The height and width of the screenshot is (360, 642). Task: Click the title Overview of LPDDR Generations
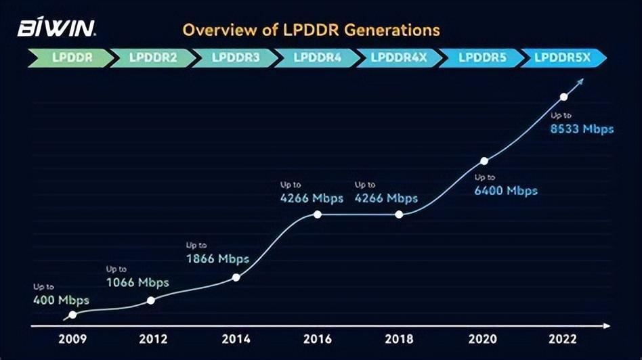pos(311,30)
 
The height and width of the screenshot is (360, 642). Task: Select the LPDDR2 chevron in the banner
pos(152,58)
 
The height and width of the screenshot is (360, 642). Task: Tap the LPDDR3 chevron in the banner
pos(235,58)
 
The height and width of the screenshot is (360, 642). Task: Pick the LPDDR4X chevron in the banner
pos(400,58)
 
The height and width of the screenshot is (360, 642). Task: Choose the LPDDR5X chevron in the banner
pos(563,58)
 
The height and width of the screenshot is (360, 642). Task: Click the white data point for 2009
pos(72,315)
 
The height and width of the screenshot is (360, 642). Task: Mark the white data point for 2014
pos(236,277)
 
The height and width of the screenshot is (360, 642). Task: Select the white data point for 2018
pos(399,215)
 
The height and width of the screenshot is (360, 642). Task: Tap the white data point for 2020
pos(484,161)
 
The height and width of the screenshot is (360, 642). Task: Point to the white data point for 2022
pos(563,97)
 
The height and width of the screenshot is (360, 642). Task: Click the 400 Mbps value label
pos(61,300)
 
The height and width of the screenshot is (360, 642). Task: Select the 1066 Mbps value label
pos(137,282)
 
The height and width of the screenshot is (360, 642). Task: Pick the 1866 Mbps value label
pos(217,258)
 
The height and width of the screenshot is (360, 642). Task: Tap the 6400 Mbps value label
pos(506,191)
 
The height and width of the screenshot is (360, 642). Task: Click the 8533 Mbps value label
pos(582,129)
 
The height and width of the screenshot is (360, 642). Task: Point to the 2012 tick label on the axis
pos(153,339)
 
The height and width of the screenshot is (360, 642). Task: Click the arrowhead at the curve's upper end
pos(579,81)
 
